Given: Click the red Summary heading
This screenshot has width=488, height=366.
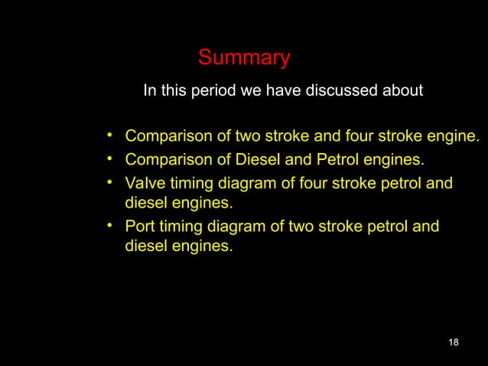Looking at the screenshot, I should click(244, 58).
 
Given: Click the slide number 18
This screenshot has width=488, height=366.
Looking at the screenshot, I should click(454, 341).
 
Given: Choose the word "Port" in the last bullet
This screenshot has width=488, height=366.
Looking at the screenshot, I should click(140, 227).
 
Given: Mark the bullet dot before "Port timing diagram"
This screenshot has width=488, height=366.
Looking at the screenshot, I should click(111, 225).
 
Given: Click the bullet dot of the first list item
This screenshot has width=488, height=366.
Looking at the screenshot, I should click(111, 136).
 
